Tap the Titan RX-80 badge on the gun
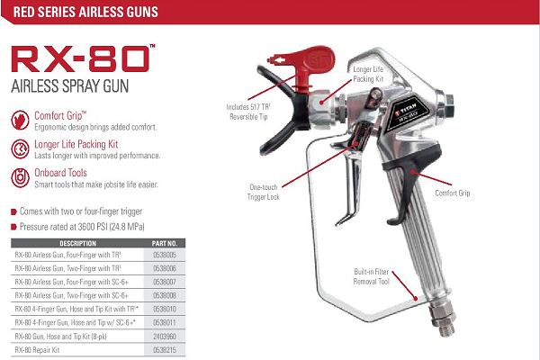tap(408, 112)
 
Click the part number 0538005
tap(165, 256)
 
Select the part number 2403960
tap(165, 337)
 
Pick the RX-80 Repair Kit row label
tap(37, 350)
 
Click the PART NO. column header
tap(165, 244)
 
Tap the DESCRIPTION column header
tap(77, 244)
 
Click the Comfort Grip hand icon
tap(20, 121)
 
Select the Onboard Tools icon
tap(20, 178)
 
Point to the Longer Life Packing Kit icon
tap(20, 148)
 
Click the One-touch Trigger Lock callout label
tap(264, 192)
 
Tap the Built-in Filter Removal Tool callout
tap(371, 276)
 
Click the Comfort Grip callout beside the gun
tap(453, 193)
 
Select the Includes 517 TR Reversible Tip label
tap(248, 112)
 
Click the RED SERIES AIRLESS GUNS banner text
tap(85, 12)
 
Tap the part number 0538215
tap(165, 350)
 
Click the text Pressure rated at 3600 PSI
tap(82, 227)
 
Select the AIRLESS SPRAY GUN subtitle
tap(70, 85)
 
